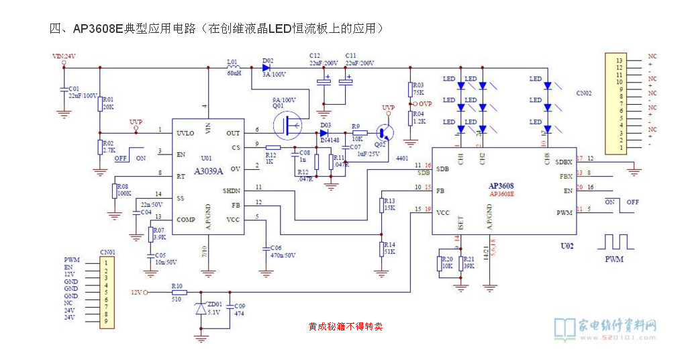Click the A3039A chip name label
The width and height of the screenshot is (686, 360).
click(x=209, y=171)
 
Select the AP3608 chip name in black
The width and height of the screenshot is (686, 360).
click(x=501, y=185)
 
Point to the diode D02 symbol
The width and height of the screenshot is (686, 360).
click(x=256, y=67)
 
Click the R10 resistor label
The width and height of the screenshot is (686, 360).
click(x=177, y=286)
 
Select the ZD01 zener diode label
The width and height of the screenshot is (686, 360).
click(x=215, y=304)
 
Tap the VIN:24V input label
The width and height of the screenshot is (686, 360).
click(x=64, y=56)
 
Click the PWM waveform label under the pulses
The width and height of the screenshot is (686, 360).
click(x=614, y=259)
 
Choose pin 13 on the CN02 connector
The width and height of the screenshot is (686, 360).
click(x=620, y=60)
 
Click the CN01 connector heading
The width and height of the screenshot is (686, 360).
click(x=107, y=253)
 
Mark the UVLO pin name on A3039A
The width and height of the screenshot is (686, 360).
click(x=185, y=133)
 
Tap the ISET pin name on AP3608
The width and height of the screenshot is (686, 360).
click(x=460, y=224)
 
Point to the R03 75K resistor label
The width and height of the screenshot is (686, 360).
click(x=418, y=89)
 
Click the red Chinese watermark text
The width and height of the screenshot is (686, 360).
click(x=345, y=327)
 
